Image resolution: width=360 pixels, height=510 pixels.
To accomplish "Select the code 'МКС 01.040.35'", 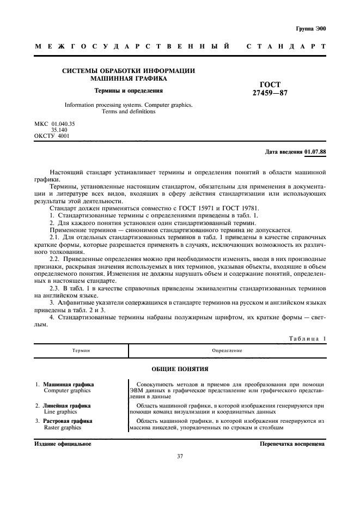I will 54,124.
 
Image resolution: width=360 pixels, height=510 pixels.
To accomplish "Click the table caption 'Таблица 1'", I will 307,338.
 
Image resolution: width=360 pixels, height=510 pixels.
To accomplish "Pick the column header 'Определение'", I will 228,351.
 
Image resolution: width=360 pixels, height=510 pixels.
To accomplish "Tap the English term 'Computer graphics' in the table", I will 67,391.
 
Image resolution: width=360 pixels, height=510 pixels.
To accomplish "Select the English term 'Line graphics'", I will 60,412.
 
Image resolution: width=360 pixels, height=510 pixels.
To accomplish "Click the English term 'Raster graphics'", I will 62,428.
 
